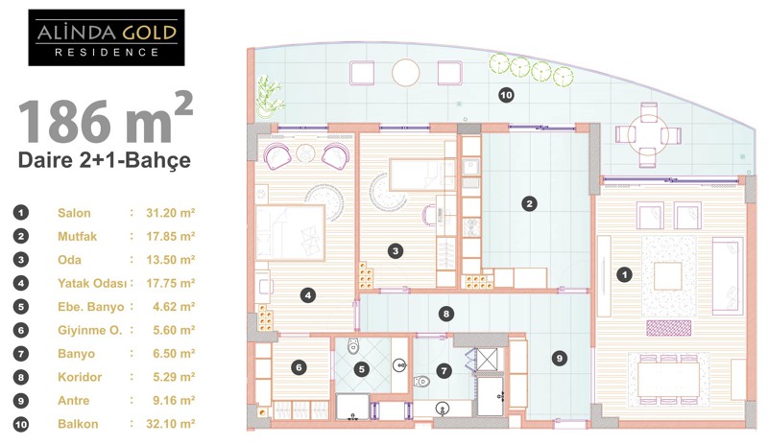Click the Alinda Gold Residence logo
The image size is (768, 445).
[107, 37]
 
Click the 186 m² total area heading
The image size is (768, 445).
[106, 119]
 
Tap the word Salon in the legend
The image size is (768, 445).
[74, 213]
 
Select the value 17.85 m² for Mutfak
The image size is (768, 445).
[171, 237]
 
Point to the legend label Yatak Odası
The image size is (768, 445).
[92, 284]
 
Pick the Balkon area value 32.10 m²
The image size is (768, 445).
[171, 424]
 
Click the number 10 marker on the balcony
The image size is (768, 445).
[506, 95]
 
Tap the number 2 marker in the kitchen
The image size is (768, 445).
[529, 203]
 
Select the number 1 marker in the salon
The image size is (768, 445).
[624, 274]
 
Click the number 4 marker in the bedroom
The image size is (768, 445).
[307, 295]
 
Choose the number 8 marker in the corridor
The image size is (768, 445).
[445, 314]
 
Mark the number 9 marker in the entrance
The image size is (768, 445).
[560, 359]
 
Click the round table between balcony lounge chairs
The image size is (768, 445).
[405, 73]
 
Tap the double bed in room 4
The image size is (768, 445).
[290, 232]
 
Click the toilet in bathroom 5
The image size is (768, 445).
[353, 346]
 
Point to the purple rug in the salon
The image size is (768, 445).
[668, 328]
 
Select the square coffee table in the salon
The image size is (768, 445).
[667, 276]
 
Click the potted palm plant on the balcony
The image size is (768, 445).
[269, 97]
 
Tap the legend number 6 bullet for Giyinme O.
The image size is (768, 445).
[20, 330]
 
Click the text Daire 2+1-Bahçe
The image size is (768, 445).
[105, 160]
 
